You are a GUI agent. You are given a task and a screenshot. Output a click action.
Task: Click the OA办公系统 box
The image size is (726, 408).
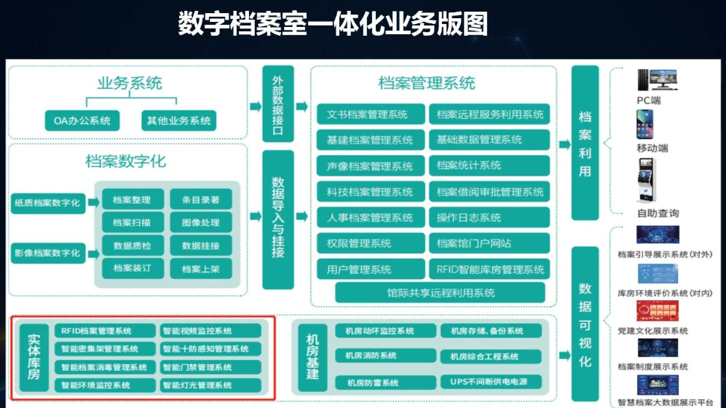[x=82, y=120]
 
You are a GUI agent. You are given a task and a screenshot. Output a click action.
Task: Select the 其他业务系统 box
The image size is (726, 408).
[x=178, y=120]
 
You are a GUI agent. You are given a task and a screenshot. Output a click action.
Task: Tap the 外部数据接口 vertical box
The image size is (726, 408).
[x=277, y=103]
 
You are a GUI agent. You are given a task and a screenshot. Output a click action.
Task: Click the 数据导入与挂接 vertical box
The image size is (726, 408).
[x=277, y=219]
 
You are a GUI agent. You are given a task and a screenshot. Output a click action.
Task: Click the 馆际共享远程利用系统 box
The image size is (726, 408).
[x=441, y=293]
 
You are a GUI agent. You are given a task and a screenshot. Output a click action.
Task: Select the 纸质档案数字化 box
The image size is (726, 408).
[x=47, y=203]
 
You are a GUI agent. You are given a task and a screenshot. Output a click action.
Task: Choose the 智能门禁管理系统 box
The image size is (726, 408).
[x=208, y=367]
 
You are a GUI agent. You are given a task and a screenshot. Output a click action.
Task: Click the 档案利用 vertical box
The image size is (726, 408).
[x=585, y=143]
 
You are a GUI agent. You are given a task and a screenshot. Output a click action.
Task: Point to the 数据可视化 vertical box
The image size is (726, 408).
[x=585, y=323]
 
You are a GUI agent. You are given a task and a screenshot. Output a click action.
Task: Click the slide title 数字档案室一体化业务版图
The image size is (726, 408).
[x=333, y=25]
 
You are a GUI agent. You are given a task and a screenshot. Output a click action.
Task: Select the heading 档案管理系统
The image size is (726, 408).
[x=427, y=82]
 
